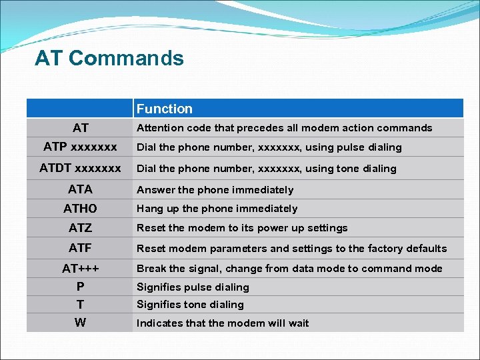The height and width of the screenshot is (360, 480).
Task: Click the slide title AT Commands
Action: [109, 59]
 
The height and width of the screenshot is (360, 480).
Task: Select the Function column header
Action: [164, 109]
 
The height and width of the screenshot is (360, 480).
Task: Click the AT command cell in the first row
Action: [80, 128]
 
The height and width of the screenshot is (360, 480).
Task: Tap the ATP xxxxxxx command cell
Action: [80, 147]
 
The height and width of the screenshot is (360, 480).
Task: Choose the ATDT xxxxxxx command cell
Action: [80, 168]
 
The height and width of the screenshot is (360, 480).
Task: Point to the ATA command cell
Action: [80, 189]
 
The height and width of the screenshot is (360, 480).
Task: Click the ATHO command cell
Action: [80, 209]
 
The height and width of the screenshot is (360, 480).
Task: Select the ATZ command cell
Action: [80, 228]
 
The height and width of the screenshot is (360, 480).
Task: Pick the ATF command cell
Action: [80, 248]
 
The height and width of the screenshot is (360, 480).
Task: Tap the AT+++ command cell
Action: [80, 269]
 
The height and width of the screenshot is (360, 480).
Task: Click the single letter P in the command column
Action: [80, 287]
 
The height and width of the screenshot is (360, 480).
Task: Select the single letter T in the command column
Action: [80, 305]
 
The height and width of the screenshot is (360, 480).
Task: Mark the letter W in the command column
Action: [80, 323]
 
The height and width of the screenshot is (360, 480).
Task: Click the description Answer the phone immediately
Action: [215, 190]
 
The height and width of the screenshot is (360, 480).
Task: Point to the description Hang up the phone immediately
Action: [217, 209]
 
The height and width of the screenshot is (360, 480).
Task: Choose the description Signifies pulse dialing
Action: [193, 287]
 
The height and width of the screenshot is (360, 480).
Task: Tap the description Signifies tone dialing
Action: [190, 305]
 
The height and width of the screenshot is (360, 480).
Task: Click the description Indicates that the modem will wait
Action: [223, 323]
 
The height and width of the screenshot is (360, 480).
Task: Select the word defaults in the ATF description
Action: [425, 249]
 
